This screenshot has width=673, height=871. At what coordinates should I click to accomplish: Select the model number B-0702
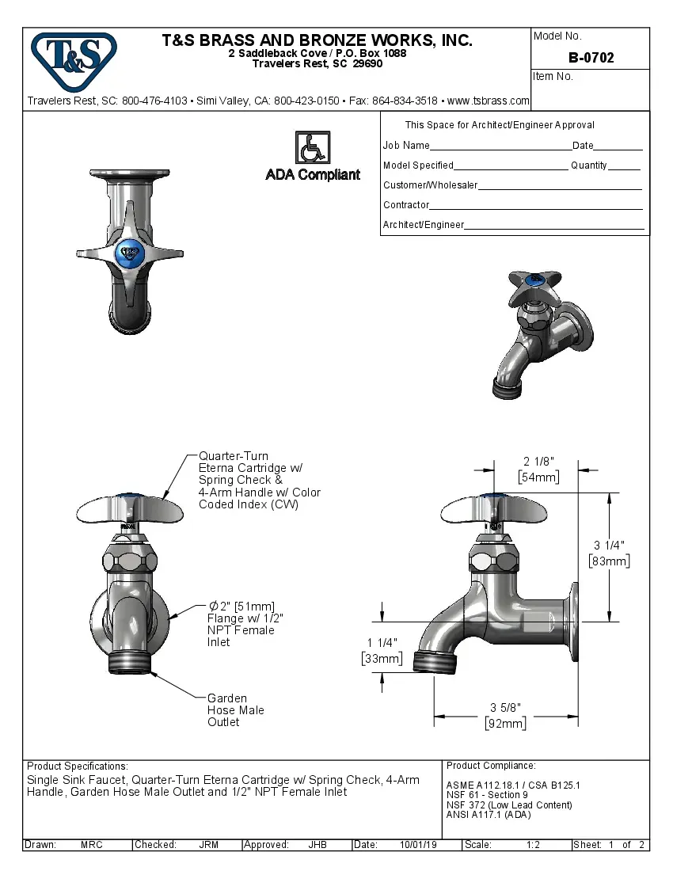tap(591, 58)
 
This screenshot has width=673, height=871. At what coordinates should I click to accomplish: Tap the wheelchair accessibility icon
tap(312, 147)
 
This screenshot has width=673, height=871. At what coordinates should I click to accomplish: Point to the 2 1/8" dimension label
tap(538, 462)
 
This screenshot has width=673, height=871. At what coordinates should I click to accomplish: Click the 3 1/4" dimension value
tap(609, 545)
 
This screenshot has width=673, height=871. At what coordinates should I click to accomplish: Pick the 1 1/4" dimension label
tap(382, 642)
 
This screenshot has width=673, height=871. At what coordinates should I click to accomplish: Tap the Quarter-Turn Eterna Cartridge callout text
tap(259, 480)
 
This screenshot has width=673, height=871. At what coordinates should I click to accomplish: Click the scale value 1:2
tap(533, 845)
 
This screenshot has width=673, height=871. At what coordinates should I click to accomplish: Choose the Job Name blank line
tap(500, 146)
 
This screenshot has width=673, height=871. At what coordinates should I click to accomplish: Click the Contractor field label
tap(406, 205)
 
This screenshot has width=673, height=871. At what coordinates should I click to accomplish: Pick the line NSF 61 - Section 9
tap(487, 795)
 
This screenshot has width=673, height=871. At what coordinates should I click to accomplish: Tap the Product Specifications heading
tap(77, 766)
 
